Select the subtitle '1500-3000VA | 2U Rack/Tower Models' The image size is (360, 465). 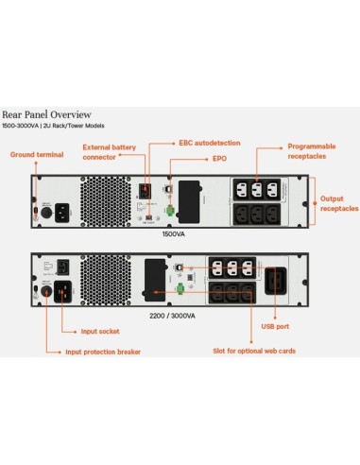click(x=61, y=125)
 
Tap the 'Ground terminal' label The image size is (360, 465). click(x=35, y=153)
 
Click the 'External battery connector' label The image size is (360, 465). click(x=109, y=151)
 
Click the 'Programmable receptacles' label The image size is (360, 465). click(x=311, y=151)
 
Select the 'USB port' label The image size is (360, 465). click(x=275, y=326)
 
